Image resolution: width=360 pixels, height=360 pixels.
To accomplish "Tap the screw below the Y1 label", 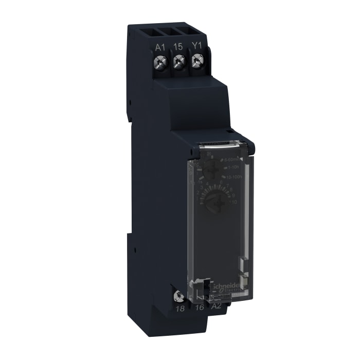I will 195,62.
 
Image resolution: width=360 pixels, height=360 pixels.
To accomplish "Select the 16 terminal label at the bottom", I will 200,309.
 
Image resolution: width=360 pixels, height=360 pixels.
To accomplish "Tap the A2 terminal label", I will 217,309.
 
